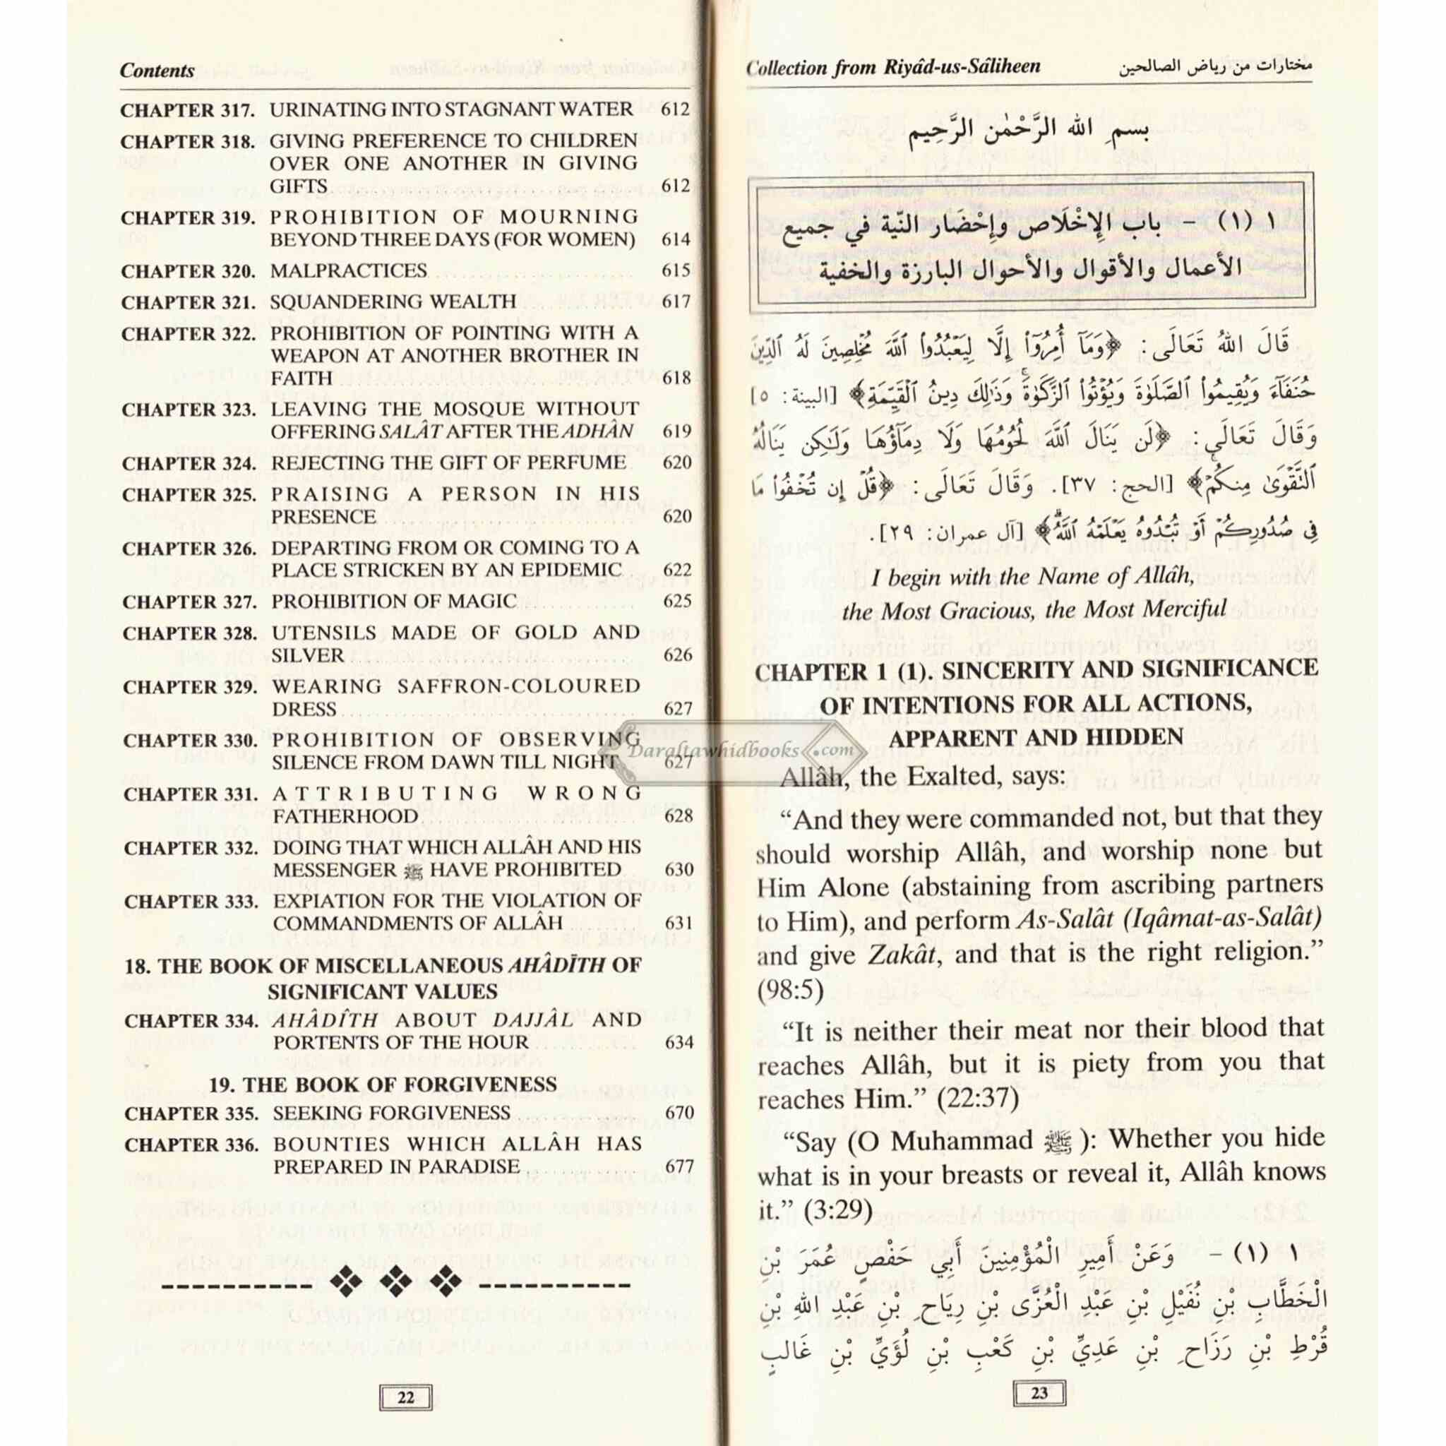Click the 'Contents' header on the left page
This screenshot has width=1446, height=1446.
157,71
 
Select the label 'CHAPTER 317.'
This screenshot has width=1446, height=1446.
188,111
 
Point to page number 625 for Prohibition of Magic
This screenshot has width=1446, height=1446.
677,602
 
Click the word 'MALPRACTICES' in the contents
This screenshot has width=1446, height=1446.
349,271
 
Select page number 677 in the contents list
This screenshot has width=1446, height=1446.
679,1167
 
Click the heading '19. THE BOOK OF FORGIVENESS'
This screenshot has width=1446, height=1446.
383,1084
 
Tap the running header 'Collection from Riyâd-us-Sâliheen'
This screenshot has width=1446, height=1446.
893,67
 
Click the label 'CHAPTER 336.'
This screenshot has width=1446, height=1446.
191,1145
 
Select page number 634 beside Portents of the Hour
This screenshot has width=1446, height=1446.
679,1043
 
